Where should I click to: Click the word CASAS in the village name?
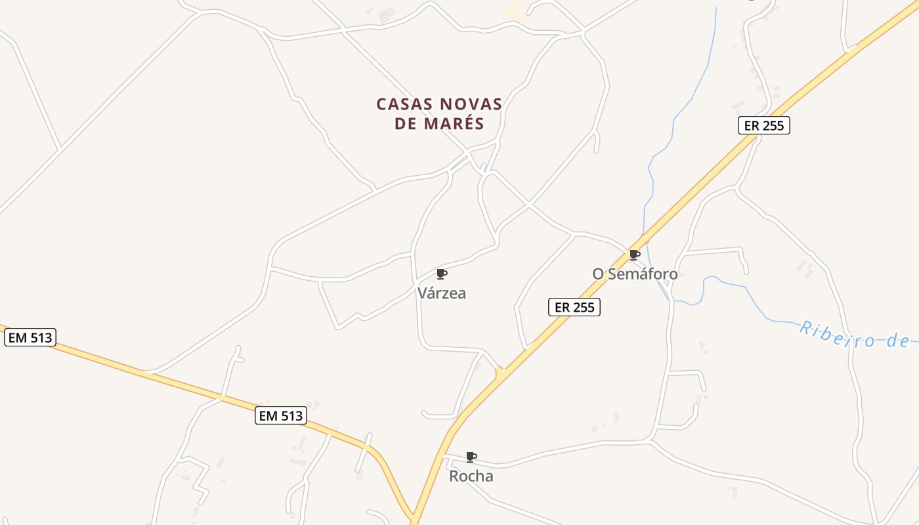(x=404, y=104)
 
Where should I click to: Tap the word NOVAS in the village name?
(x=471, y=104)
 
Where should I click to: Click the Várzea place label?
(x=442, y=293)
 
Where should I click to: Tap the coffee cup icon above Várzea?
(x=442, y=274)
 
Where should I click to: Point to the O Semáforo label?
(x=635, y=274)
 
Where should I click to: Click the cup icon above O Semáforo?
(x=634, y=255)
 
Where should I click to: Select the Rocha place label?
(x=471, y=476)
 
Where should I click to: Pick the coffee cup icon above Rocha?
(x=471, y=457)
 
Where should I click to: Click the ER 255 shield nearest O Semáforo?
(x=574, y=307)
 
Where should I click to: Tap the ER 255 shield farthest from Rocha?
(x=763, y=125)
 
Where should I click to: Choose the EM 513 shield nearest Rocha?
(x=281, y=415)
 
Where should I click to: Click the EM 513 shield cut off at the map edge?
(x=30, y=338)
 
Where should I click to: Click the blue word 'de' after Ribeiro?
(x=897, y=341)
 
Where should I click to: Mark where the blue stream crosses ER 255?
(x=645, y=240)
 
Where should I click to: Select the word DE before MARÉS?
(x=406, y=123)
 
